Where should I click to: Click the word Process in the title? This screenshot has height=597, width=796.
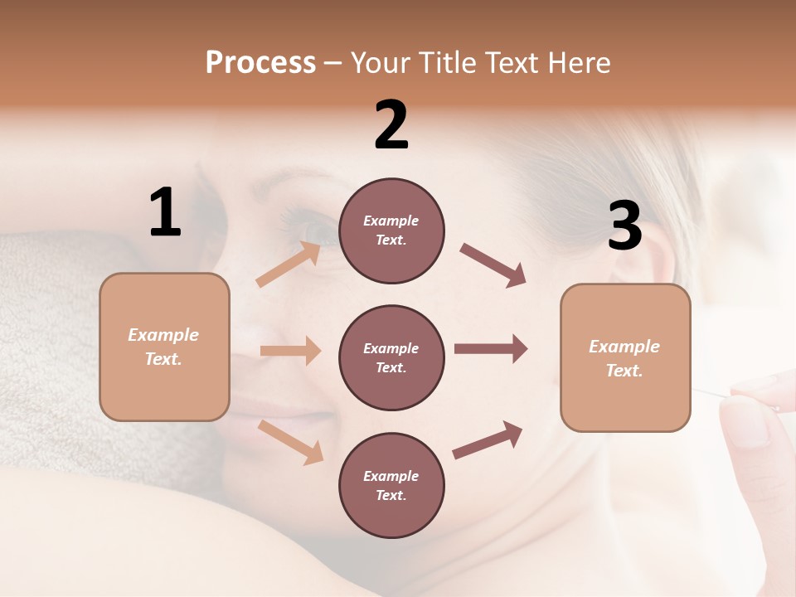pos(260,62)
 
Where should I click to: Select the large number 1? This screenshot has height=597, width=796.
pos(165,213)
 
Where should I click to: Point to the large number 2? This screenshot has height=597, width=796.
pos(391,125)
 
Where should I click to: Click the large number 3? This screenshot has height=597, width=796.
pos(624,226)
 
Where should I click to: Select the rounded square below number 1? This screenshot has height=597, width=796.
pos(164,347)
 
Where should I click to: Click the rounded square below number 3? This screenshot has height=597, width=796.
pos(625,358)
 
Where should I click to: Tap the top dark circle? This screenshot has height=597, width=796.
pos(391,231)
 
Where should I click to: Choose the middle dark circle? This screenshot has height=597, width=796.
pos(391,357)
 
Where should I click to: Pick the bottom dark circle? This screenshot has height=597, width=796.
pos(391,485)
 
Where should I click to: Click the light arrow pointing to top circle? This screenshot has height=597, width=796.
pos(289,265)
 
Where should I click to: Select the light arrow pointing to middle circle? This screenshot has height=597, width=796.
pos(290,351)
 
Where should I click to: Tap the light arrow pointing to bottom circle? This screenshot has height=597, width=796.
pos(290,441)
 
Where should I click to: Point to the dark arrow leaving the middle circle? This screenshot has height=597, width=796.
pos(490,349)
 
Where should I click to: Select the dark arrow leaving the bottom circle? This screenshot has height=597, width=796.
pos(488,439)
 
